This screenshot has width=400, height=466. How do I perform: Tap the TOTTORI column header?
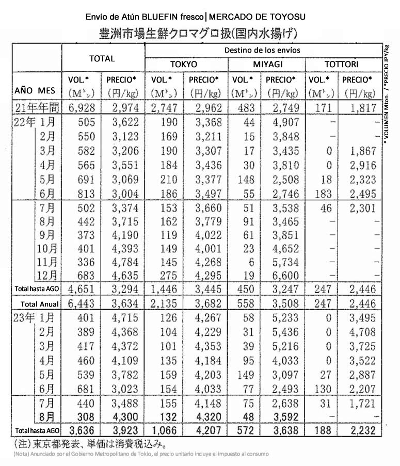tap(342, 64)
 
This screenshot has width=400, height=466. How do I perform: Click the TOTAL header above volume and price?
tap(102, 58)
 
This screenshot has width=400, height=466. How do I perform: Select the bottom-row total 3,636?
tap(85, 430)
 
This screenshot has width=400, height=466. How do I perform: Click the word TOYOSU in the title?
tap(286, 17)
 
